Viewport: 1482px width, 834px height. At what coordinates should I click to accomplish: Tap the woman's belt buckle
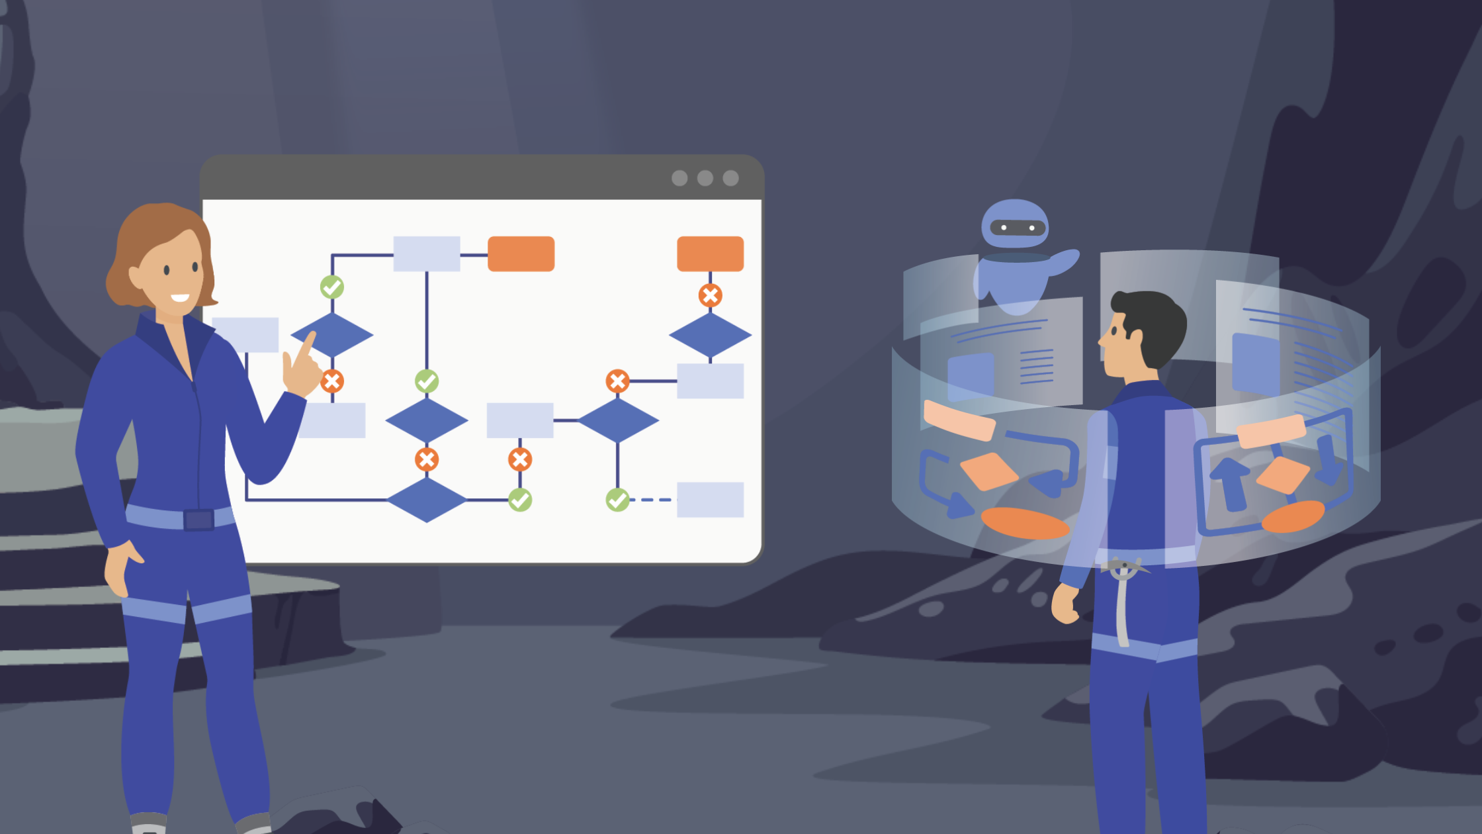pos(198,520)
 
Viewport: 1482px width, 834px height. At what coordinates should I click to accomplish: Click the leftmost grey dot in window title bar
pos(679,178)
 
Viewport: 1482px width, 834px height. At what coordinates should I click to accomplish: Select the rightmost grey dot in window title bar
pos(730,178)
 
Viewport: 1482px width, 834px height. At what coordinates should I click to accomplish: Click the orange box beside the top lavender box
pos(521,254)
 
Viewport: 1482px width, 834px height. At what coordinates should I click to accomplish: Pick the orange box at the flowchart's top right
pos(710,254)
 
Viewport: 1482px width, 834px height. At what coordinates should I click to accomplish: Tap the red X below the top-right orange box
pos(710,295)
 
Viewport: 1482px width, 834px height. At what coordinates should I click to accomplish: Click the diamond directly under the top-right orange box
pos(710,335)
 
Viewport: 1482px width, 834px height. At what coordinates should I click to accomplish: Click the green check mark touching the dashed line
pos(618,500)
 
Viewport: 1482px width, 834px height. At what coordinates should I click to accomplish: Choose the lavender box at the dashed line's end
pos(710,500)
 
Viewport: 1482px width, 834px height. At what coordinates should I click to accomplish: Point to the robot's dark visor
pos(1017,228)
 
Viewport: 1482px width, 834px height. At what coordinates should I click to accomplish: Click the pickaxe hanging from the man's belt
pos(1123,596)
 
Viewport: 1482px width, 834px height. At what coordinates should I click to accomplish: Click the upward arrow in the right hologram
pos(1231,483)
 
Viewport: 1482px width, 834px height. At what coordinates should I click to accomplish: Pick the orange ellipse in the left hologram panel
pos(1025,524)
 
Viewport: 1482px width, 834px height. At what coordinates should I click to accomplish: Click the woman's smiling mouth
pos(180,298)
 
